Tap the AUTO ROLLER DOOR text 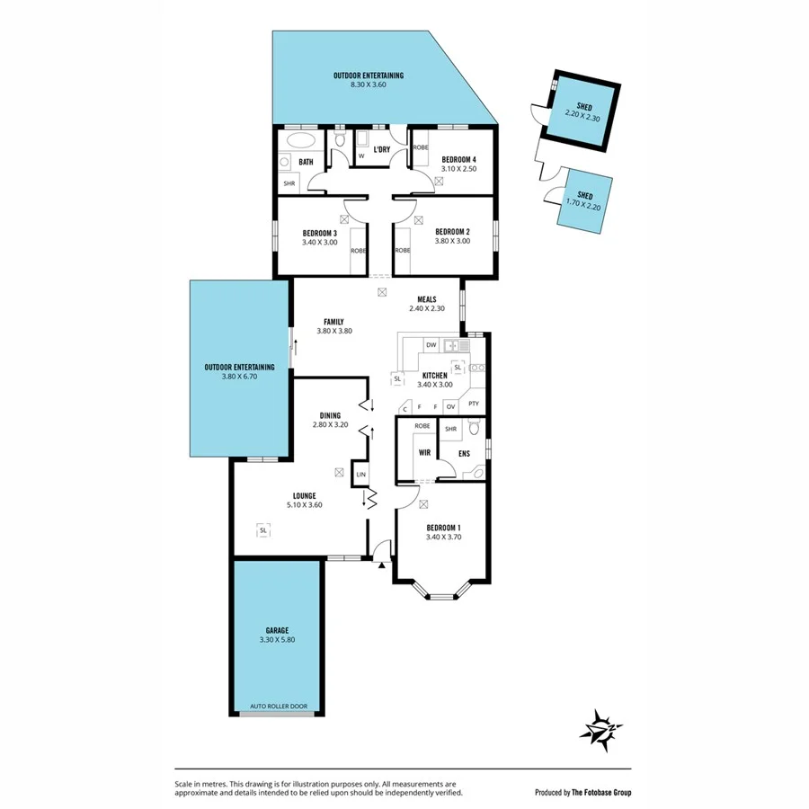click(278, 706)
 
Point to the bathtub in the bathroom click(298, 142)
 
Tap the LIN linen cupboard click(360, 474)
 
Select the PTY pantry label click(473, 404)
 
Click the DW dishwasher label click(431, 345)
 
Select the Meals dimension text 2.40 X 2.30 click(427, 309)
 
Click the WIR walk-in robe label click(424, 453)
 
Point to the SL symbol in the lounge click(263, 530)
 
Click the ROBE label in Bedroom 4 click(421, 147)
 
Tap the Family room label click(333, 321)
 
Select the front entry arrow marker click(381, 565)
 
